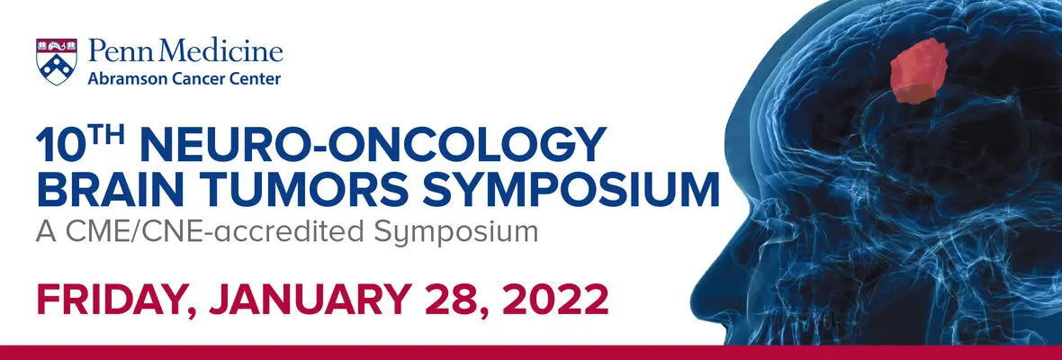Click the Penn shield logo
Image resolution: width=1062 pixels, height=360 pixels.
56,61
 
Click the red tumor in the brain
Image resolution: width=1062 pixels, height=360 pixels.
918,70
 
